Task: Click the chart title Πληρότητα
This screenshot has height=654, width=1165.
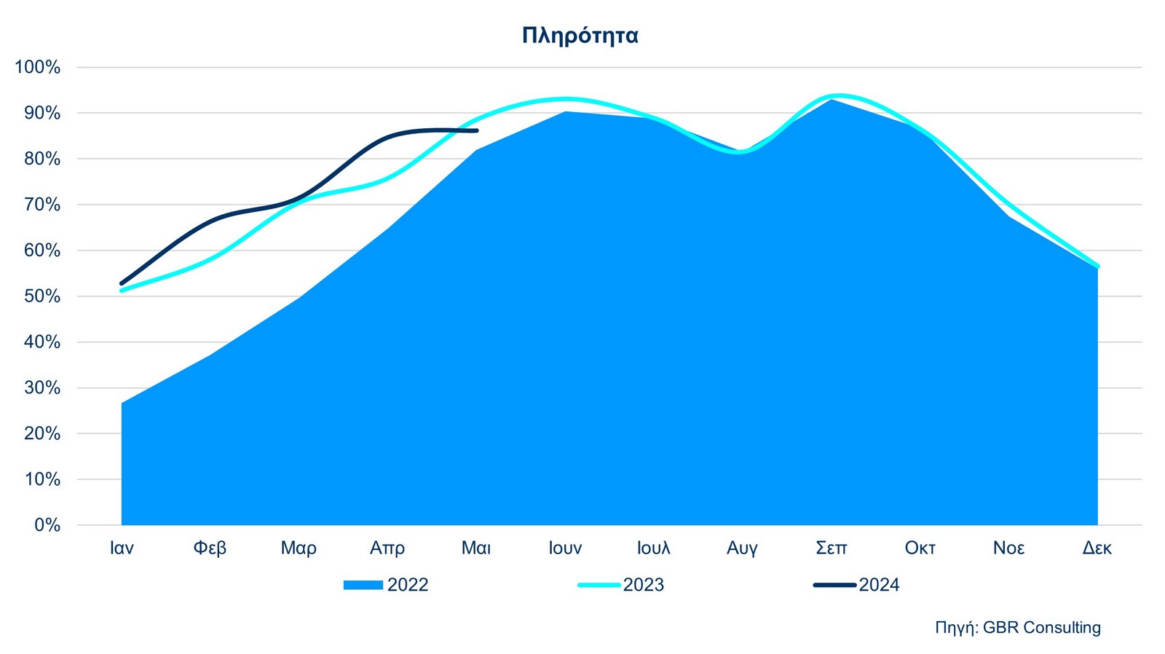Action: (580, 35)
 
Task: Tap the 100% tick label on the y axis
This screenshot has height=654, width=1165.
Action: (37, 68)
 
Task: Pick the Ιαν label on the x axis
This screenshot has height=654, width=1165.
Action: (122, 548)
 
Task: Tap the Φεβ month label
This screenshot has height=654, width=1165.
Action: (210, 548)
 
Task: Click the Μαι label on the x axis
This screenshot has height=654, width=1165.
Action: (476, 548)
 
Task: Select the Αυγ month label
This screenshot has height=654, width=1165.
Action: (742, 548)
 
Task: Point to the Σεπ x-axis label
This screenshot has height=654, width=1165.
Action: (831, 548)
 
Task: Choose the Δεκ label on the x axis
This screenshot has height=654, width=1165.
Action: (1097, 548)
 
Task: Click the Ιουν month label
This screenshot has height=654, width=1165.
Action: (565, 548)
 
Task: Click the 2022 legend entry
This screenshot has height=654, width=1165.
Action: (387, 585)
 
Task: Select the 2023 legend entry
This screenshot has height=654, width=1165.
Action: (621, 585)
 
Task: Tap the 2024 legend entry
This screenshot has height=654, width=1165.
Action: (857, 585)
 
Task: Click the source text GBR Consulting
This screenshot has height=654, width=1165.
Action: (1018, 628)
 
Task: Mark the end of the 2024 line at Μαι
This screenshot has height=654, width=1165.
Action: (477, 131)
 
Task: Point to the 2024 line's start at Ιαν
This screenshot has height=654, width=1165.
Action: (122, 283)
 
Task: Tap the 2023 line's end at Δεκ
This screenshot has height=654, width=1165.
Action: (1097, 267)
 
